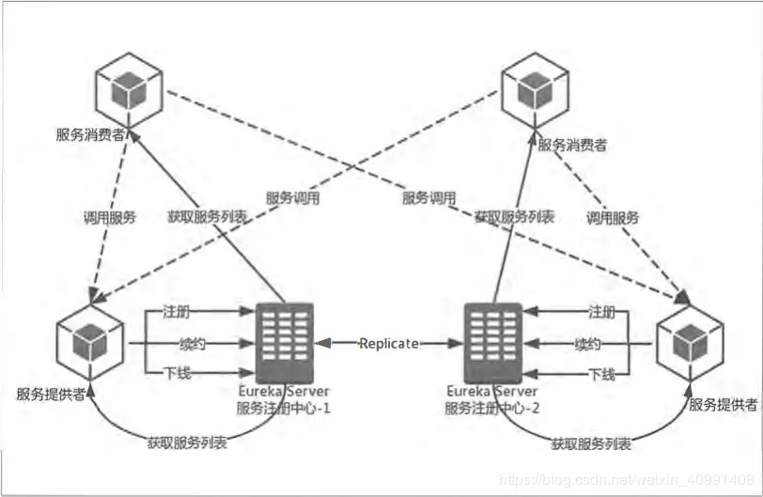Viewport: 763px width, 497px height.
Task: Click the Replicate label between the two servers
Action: pos(389,344)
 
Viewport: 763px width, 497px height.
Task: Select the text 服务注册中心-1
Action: pos(284,408)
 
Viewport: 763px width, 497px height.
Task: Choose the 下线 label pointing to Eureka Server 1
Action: pos(179,374)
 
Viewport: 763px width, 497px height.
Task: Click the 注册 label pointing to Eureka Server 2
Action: pos(601,311)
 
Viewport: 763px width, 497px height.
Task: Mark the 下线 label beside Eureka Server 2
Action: pos(601,374)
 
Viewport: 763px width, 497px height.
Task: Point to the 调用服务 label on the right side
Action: pos(613,217)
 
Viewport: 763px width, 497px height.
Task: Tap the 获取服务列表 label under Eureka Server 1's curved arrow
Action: pos(187,441)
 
